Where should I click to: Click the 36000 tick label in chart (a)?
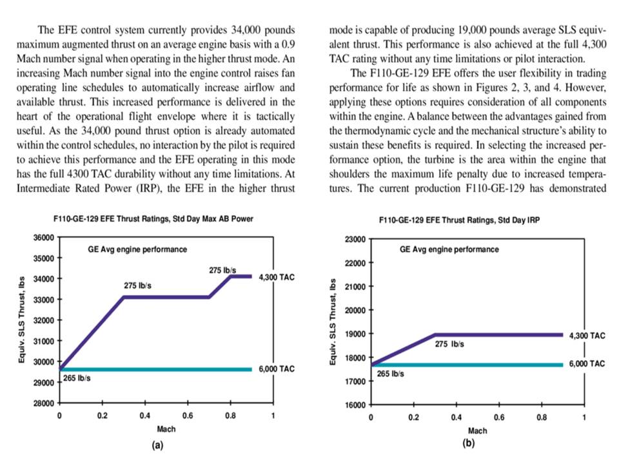coord(43,238)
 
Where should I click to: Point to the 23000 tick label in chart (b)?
coord(355,240)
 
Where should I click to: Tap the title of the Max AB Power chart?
coord(153,218)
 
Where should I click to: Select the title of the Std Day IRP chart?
coord(459,220)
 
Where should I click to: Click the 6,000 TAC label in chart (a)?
coord(277,369)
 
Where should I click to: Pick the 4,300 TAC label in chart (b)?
coord(587,336)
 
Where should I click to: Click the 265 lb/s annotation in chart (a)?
coord(77,378)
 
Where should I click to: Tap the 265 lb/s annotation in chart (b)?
coord(390,374)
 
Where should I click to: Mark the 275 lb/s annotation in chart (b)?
coord(449,344)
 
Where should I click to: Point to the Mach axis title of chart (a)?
coord(166,429)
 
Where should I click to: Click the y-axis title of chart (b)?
coord(333,322)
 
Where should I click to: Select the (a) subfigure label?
coord(157,445)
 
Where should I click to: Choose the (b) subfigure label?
coord(468,443)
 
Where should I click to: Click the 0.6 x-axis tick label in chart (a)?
coord(188,416)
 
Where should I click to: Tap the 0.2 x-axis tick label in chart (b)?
coord(413,418)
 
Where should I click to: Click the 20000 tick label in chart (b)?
coord(355,311)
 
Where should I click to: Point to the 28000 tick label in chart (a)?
coord(43,403)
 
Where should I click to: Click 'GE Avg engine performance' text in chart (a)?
coord(137,249)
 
